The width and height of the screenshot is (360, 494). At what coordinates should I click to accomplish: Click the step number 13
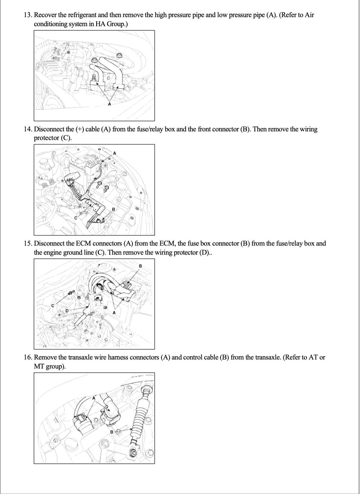28,15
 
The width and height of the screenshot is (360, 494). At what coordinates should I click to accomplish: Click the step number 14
28,129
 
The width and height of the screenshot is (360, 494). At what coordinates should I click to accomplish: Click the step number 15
28,244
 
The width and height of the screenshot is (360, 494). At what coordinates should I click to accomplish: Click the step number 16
28,357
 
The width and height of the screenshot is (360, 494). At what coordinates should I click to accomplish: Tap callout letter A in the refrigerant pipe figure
110,104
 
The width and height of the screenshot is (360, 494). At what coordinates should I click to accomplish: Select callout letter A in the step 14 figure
115,153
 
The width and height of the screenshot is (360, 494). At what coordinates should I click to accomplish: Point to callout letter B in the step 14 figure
113,209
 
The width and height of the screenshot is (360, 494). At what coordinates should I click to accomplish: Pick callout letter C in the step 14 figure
75,218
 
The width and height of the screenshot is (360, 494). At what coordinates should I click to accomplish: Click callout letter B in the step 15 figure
140,266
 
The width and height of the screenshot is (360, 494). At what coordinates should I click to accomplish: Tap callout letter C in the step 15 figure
53,305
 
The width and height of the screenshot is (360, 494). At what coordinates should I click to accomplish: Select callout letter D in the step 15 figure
67,311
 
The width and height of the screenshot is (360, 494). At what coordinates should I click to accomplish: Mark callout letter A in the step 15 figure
114,313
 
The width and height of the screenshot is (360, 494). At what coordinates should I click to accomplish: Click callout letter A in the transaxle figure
94,398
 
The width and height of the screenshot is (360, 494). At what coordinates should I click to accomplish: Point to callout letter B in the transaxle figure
112,432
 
